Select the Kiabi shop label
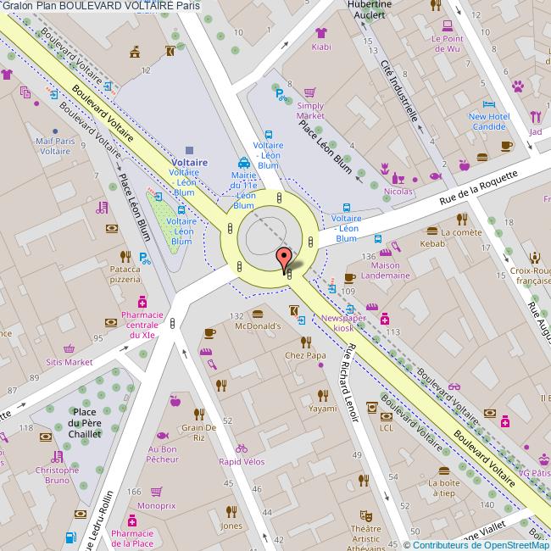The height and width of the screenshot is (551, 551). tap(320, 47)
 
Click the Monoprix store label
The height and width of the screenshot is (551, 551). tap(156, 505)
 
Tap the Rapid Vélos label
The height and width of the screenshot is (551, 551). tap(242, 462)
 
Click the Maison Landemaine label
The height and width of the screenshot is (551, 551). tap(386, 270)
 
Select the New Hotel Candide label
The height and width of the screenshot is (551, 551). tap(487, 121)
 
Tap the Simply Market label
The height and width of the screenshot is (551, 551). tap(310, 110)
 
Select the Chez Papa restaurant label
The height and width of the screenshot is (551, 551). tap(305, 355)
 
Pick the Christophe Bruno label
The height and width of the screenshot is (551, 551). tap(57, 474)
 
